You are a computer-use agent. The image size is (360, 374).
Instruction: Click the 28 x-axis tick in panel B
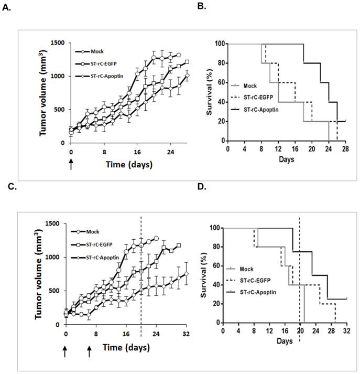point(346,148)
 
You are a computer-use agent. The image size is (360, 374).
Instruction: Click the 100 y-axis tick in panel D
point(213,228)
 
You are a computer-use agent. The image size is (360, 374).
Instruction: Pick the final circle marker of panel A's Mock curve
point(179,55)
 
